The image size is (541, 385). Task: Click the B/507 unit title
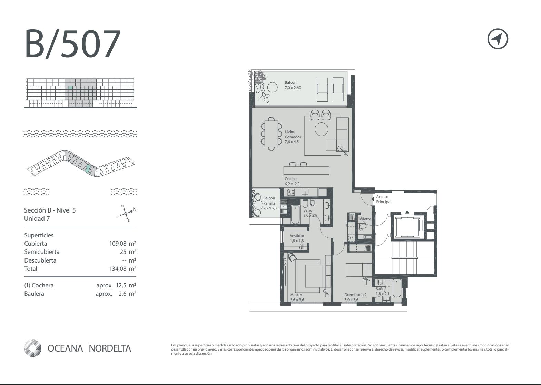pyautogui.click(x=72, y=43)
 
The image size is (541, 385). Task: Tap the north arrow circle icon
pyautogui.click(x=498, y=39)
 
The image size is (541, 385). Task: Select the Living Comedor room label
pyautogui.click(x=293, y=137)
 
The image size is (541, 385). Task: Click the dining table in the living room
pyautogui.click(x=271, y=134)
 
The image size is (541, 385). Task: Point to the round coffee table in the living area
pyautogui.click(x=322, y=129)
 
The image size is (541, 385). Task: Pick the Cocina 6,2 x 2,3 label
pyautogui.click(x=292, y=181)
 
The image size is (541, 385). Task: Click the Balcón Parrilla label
pyautogui.click(x=270, y=203)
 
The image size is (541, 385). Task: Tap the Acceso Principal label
pyautogui.click(x=384, y=199)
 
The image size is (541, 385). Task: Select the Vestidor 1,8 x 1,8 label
pyautogui.click(x=297, y=238)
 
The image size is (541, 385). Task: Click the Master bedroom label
pyautogui.click(x=297, y=297)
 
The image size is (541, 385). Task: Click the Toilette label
pyautogui.click(x=364, y=219)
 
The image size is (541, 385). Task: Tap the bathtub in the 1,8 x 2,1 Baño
pyautogui.click(x=396, y=288)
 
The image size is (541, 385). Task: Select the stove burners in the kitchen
pyautogui.click(x=290, y=192)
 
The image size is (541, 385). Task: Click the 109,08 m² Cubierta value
pyautogui.click(x=123, y=244)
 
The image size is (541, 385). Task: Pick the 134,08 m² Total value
pyautogui.click(x=123, y=269)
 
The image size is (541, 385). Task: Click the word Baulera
pyautogui.click(x=34, y=294)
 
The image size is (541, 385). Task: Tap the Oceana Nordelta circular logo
pyautogui.click(x=32, y=348)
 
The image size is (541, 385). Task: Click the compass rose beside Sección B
pyautogui.click(x=126, y=213)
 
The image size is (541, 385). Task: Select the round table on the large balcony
pyautogui.click(x=272, y=87)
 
